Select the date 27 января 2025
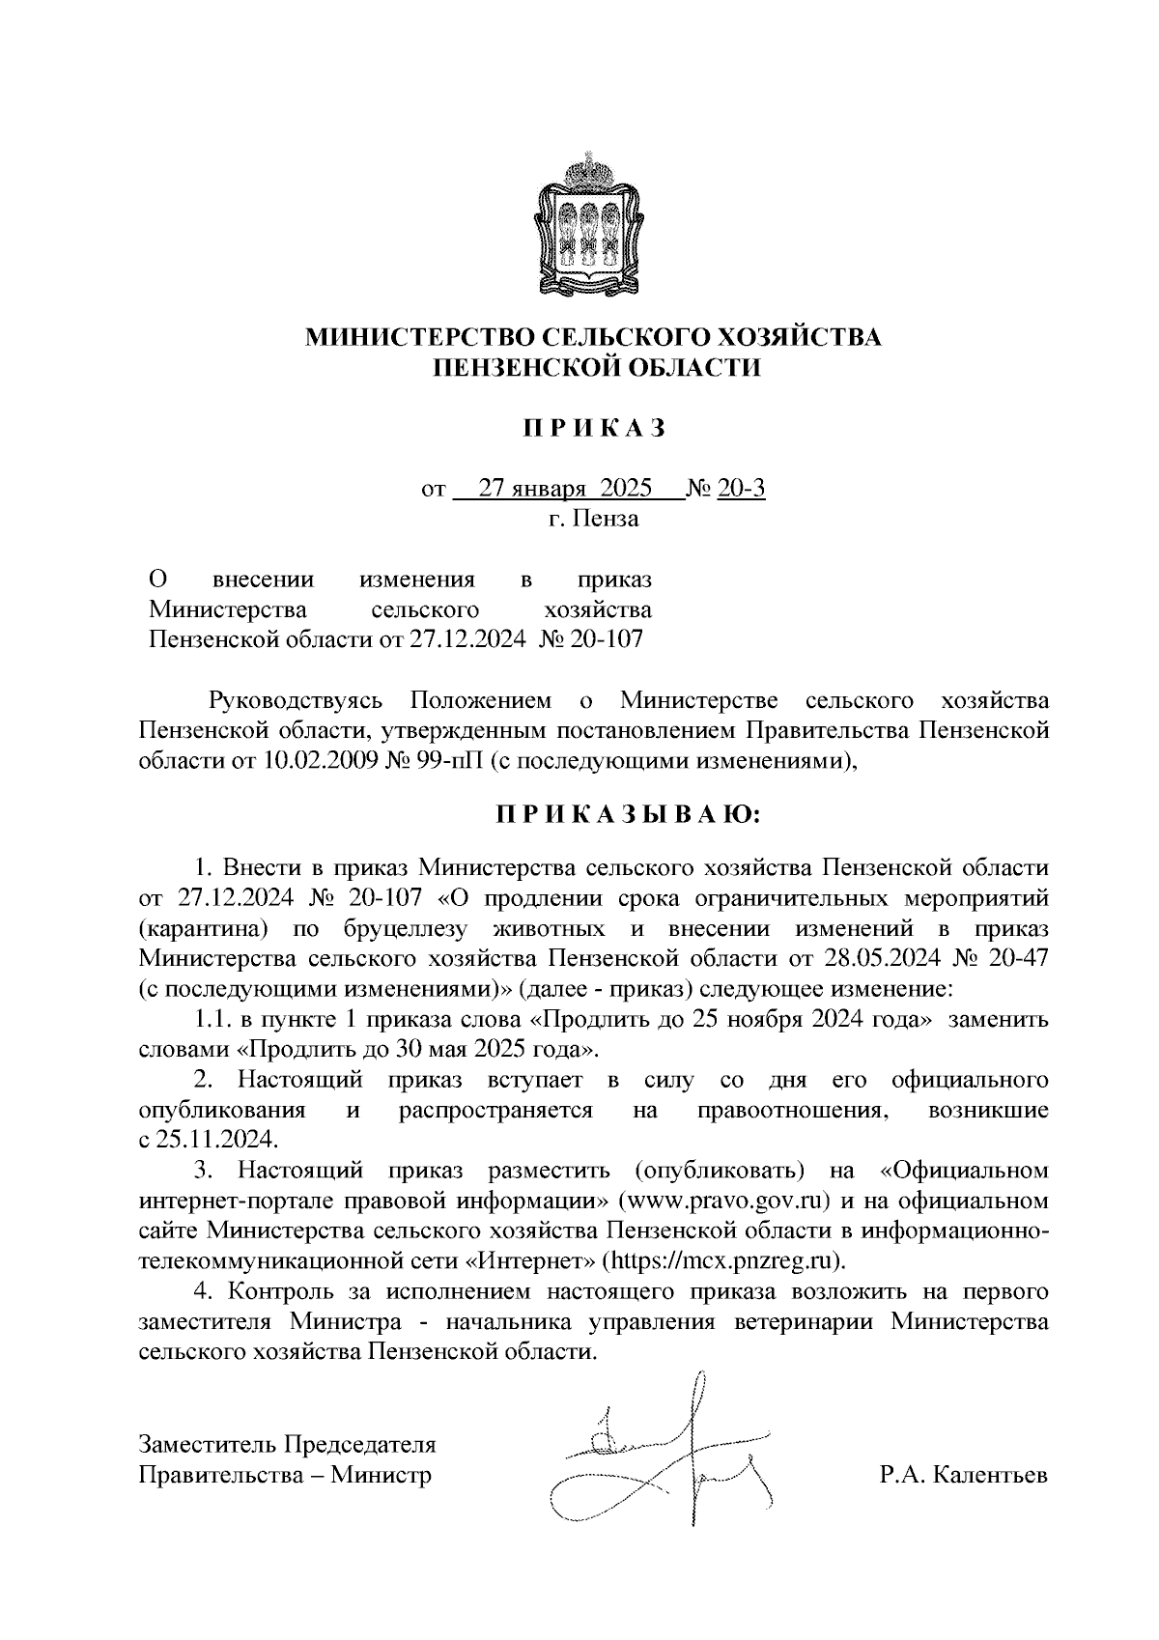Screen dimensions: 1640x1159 [566, 489]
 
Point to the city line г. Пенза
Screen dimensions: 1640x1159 [593, 519]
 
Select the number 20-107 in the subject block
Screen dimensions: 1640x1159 [606, 639]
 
